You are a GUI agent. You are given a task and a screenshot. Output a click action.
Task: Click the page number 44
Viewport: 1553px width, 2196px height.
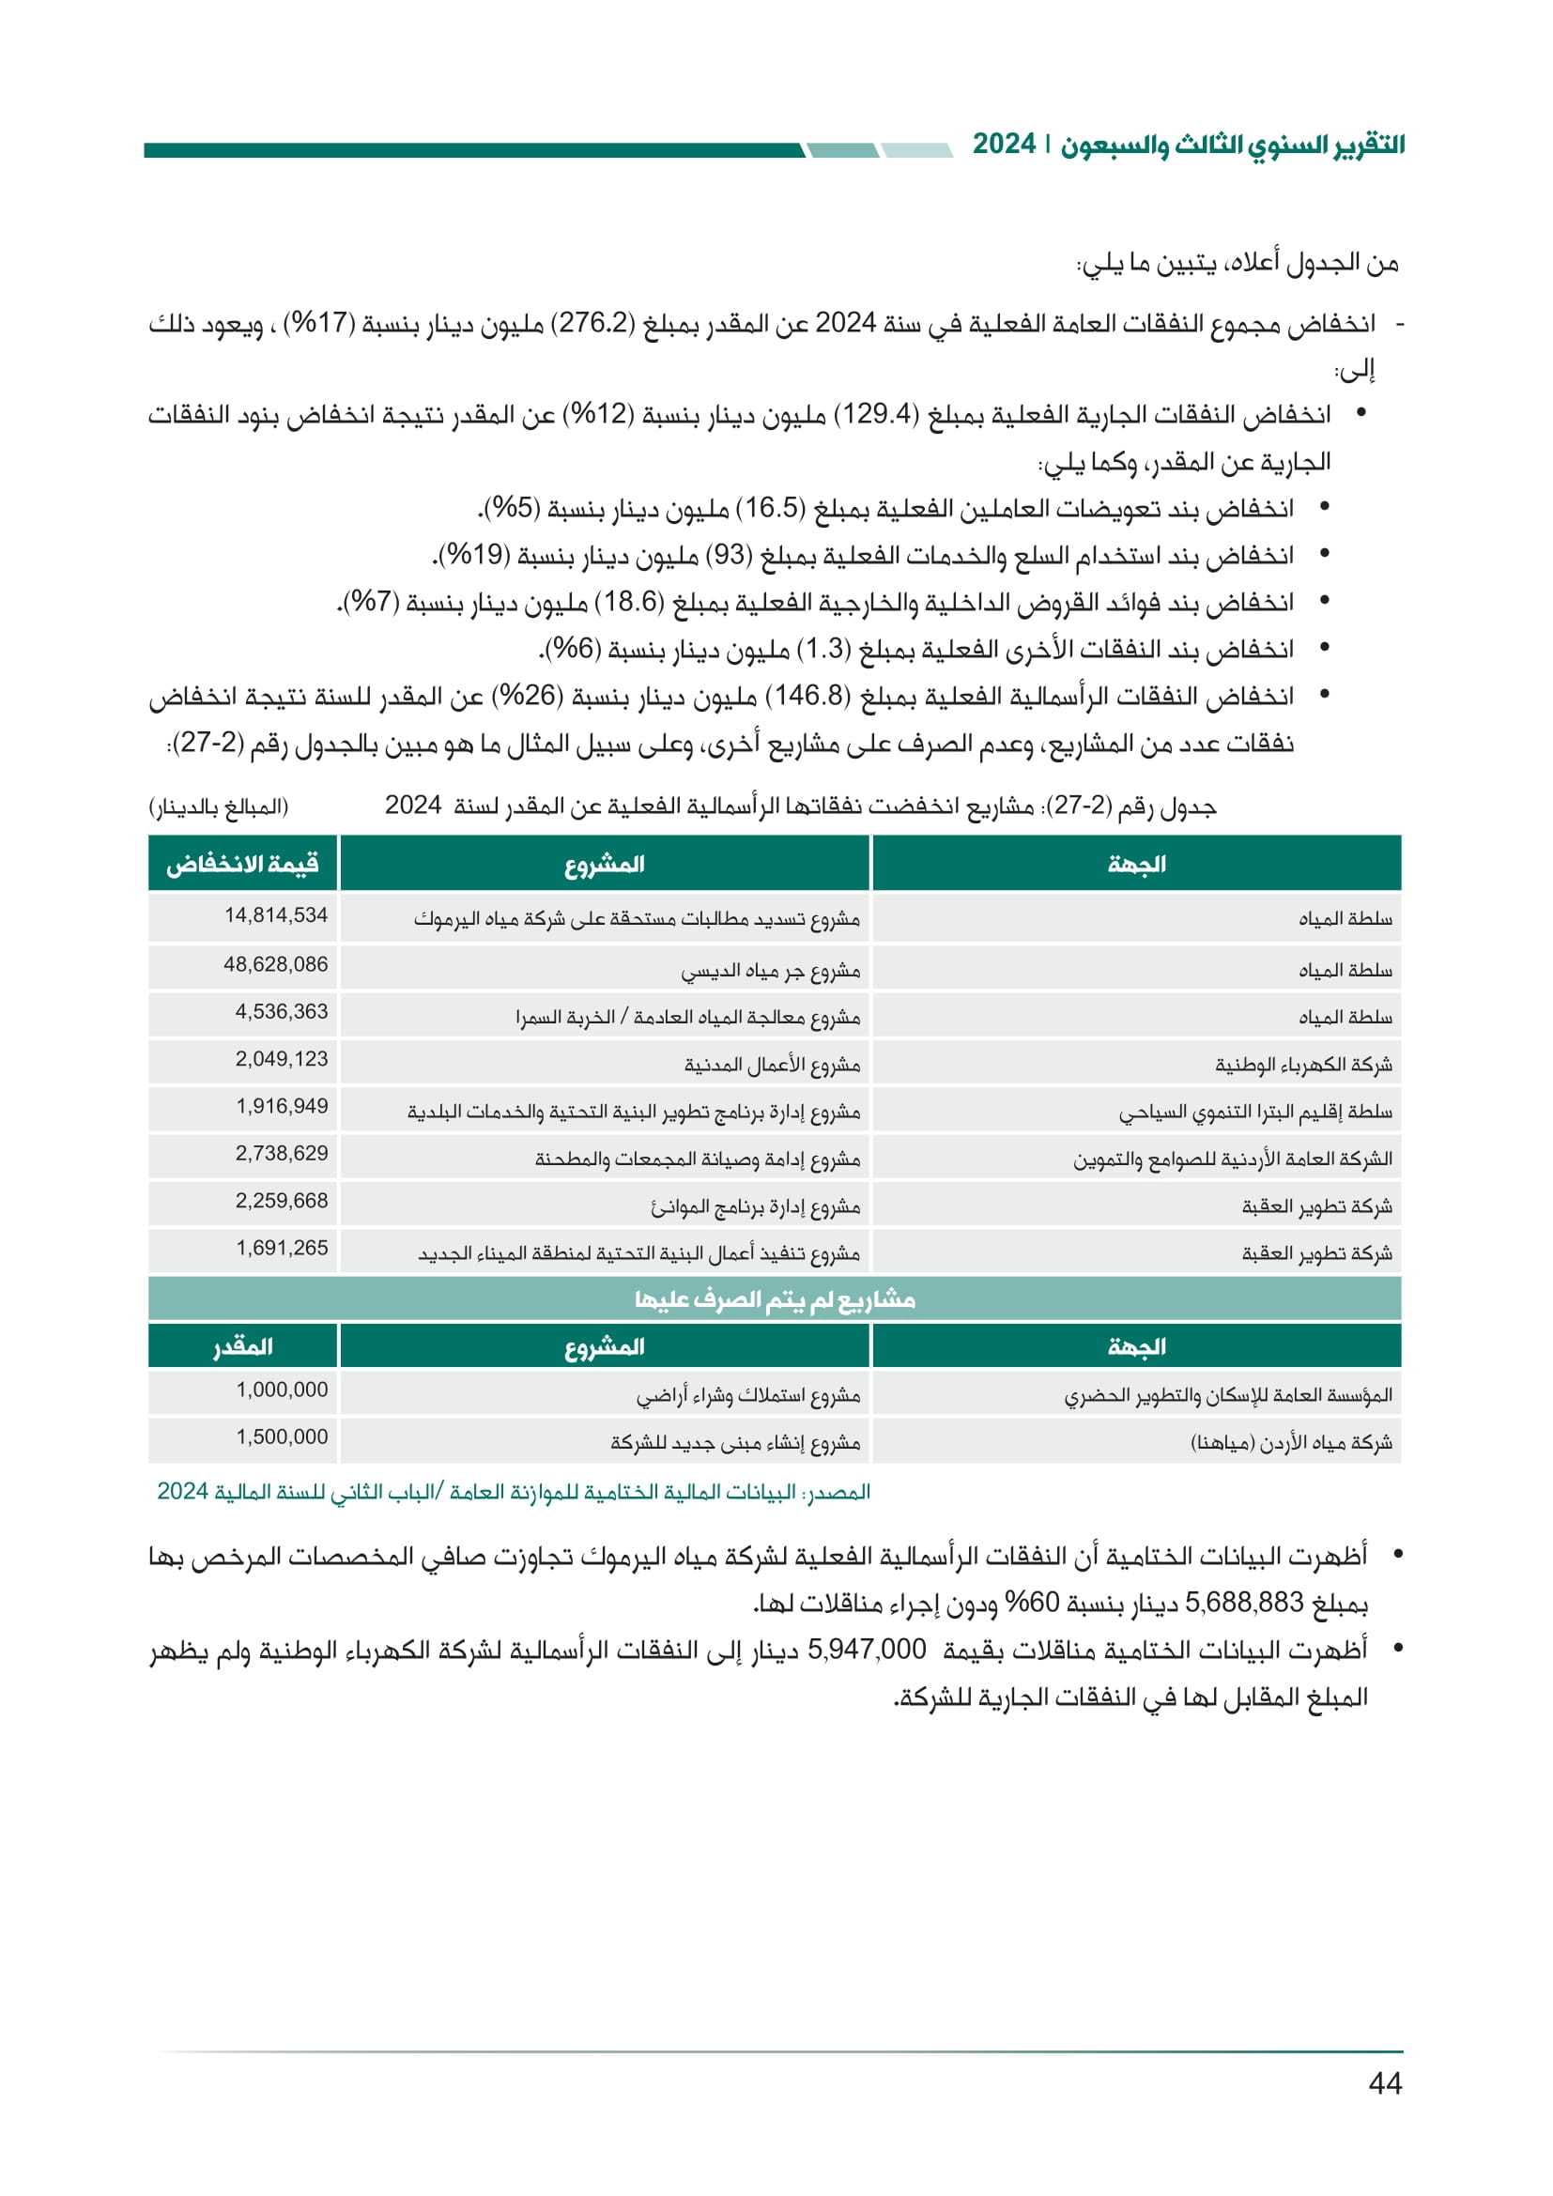[1385, 2083]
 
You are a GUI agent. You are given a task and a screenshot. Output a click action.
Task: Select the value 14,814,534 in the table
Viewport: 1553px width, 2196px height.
[275, 915]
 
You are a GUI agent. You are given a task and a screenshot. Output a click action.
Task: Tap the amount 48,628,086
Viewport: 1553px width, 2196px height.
[275, 964]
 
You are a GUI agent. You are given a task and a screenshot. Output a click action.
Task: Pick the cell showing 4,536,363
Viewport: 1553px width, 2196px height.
[281, 1012]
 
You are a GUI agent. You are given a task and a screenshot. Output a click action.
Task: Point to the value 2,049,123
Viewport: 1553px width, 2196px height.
[281, 1059]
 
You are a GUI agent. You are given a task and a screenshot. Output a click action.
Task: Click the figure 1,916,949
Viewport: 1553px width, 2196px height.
[281, 1107]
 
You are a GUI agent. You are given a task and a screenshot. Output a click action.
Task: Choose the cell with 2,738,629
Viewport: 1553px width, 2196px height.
[281, 1154]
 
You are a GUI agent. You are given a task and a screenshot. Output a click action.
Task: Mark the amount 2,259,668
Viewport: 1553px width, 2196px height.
[281, 1201]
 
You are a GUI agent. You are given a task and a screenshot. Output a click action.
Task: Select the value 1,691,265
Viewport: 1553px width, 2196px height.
[281, 1248]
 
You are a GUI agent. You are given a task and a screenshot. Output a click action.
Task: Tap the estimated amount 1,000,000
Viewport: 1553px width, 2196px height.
[281, 1390]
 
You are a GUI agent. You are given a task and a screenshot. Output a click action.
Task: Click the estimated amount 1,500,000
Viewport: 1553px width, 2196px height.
[281, 1436]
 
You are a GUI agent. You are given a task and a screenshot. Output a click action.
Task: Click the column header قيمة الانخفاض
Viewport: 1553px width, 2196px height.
[243, 865]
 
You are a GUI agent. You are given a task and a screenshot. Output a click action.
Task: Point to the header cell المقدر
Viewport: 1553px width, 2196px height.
[243, 1346]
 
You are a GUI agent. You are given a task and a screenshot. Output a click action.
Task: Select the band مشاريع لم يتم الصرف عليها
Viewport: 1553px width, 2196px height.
[775, 1299]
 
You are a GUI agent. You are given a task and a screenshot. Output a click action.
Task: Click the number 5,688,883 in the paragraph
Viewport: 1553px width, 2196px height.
[1244, 1602]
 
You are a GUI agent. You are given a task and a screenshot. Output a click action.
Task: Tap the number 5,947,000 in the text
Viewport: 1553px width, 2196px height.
[867, 1649]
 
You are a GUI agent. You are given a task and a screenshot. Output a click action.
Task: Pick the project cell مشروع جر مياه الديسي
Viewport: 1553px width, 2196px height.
[771, 972]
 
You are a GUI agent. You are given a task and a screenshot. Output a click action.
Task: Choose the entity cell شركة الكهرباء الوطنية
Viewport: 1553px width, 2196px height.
[1303, 1065]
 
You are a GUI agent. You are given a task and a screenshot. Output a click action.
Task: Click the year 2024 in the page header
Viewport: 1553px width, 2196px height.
[1004, 145]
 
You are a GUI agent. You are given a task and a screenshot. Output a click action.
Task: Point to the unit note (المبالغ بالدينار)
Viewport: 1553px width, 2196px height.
[219, 807]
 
